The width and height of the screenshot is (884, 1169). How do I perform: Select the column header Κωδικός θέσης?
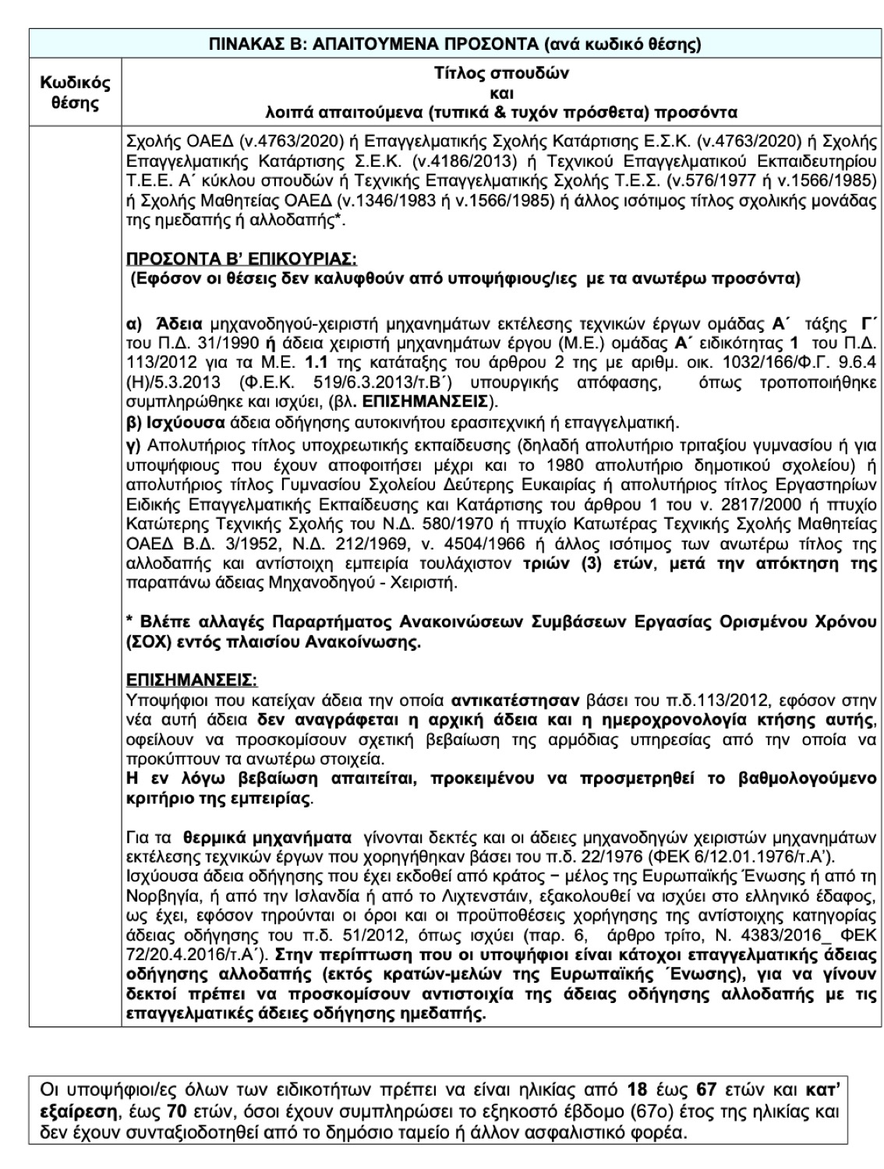pyautogui.click(x=75, y=93)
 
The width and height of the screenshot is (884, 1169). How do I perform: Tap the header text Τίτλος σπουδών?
pyautogui.click(x=501, y=74)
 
